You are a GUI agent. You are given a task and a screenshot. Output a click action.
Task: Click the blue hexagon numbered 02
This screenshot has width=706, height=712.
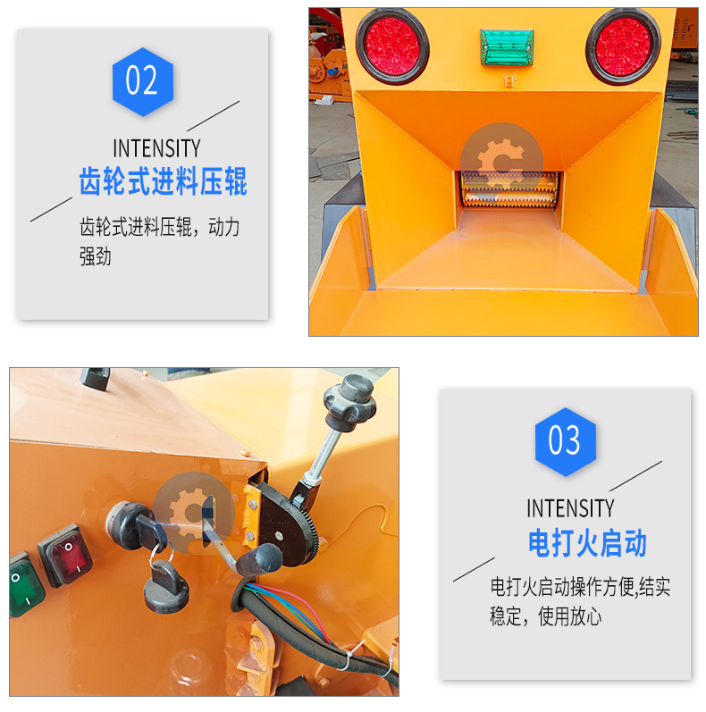[143, 81]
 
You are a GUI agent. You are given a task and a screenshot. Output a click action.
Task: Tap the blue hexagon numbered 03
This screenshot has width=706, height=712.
[565, 442]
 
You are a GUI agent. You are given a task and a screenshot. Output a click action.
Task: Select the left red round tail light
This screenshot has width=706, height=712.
[392, 46]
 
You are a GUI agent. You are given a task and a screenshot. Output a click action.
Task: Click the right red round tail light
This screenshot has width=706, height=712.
[623, 46]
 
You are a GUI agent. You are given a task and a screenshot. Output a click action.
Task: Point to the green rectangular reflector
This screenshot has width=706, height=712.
[507, 46]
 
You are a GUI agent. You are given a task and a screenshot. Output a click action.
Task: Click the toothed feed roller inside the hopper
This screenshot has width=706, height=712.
[509, 189]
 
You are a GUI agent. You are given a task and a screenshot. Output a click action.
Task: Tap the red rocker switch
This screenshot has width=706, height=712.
[66, 555]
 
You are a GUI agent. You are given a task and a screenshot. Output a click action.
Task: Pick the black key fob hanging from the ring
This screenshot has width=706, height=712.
[165, 586]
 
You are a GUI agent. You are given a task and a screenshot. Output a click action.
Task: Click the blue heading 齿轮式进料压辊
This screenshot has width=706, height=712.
[164, 181]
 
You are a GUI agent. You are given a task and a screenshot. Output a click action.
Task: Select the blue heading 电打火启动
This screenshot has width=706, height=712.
[587, 542]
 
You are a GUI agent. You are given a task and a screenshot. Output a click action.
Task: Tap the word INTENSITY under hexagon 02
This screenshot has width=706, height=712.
[156, 148]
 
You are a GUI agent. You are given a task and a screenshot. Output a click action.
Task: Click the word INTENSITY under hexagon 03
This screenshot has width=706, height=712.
[571, 508]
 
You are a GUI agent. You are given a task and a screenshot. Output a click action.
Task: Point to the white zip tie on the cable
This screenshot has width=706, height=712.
[352, 655]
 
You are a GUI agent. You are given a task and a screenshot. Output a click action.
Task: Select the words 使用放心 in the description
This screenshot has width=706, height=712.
[569, 616]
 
